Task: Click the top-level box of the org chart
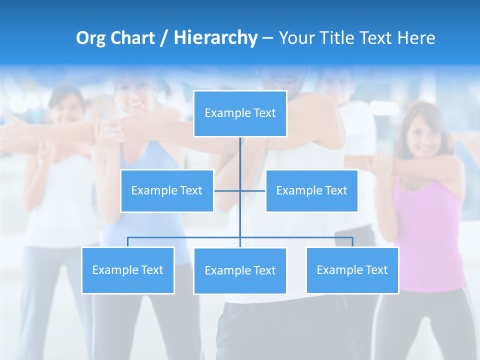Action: click(240, 113)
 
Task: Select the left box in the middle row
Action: click(166, 190)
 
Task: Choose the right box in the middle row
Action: click(311, 190)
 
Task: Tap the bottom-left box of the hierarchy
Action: click(127, 270)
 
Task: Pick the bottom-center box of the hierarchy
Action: click(240, 270)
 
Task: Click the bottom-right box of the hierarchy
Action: click(352, 270)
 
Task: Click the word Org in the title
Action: click(90, 38)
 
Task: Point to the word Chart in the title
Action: click(131, 38)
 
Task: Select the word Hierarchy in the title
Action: click(215, 38)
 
